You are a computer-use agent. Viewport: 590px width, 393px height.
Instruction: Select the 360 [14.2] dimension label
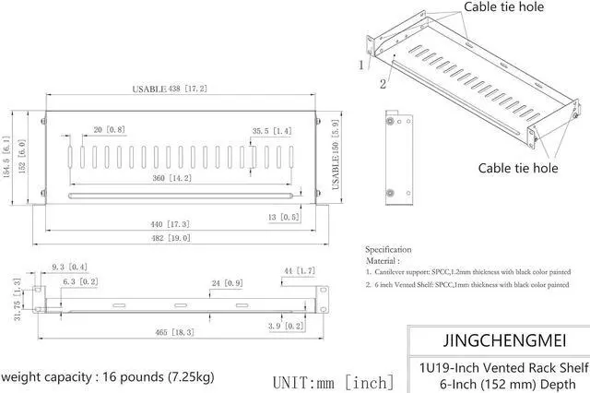coord(171,177)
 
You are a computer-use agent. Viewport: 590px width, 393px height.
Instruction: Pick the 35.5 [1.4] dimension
coord(271,132)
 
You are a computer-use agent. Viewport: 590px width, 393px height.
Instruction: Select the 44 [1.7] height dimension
coord(301,270)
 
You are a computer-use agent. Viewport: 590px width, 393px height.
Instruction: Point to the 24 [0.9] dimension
coord(226,283)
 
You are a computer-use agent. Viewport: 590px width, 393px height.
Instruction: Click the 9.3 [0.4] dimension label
coord(70,267)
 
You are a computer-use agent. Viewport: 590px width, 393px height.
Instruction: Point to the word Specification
coord(388,249)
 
